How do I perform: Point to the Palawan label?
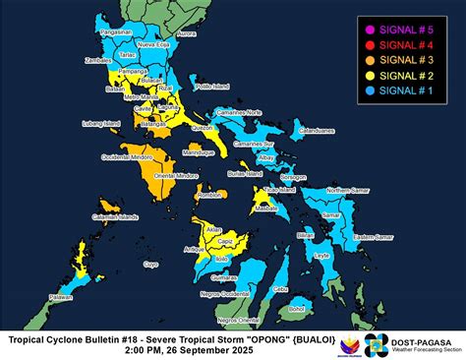[34, 296]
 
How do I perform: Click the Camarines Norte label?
[241, 112]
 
